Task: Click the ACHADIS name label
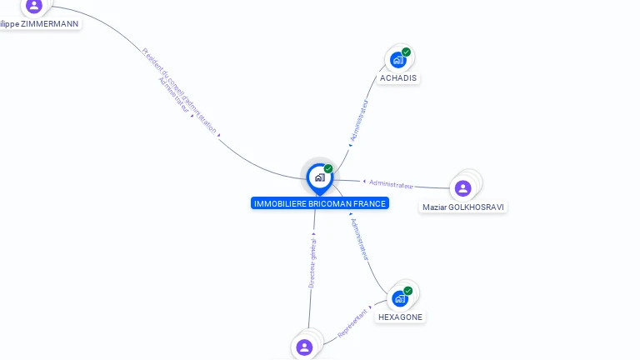tap(398, 78)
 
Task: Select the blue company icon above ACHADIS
tap(398, 60)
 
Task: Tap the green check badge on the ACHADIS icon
tap(406, 52)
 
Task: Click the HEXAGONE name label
tap(400, 317)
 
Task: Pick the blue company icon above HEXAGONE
tap(400, 298)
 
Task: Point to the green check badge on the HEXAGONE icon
tap(407, 291)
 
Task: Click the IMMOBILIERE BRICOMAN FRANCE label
tap(320, 203)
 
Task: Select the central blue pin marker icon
tap(319, 177)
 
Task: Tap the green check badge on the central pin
tap(328, 169)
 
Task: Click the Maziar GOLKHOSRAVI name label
tap(463, 207)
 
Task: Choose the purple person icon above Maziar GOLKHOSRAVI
tap(463, 188)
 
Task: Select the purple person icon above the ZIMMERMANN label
tap(33, 6)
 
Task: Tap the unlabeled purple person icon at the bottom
tap(304, 347)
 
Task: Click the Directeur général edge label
tap(312, 262)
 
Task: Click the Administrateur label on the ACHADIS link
tap(359, 120)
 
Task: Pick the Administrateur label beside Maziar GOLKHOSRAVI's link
tap(391, 184)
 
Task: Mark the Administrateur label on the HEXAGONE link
tap(360, 240)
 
